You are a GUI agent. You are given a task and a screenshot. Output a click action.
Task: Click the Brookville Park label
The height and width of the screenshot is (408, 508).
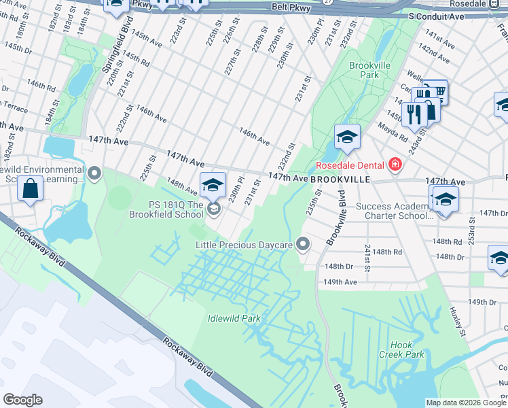(363, 70)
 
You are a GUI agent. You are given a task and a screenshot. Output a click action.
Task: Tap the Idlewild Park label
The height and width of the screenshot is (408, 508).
(234, 318)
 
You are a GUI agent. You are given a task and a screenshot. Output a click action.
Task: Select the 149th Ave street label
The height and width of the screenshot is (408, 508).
(340, 282)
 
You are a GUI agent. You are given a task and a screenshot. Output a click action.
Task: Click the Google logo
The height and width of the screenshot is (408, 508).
(22, 400)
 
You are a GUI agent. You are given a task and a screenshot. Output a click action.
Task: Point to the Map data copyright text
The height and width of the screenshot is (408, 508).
(466, 403)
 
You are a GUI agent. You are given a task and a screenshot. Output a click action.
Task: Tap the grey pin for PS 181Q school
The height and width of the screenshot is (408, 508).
(214, 209)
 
